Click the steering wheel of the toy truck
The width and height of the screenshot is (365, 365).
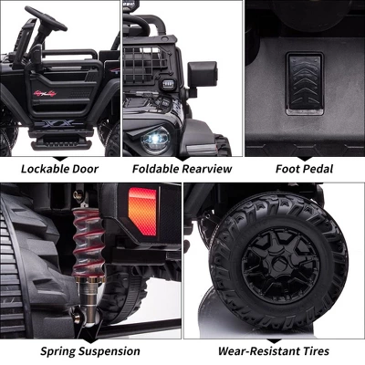[46, 18]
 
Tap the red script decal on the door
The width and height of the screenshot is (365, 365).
[45, 93]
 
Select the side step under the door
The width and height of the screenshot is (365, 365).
[61, 141]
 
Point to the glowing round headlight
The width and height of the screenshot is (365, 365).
[155, 140]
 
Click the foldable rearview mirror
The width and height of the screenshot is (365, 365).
[203, 74]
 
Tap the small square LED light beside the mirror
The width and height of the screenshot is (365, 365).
[166, 84]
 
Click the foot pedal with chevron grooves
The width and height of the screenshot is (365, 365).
[305, 84]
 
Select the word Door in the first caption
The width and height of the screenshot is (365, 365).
[85, 169]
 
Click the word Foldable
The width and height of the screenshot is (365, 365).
[155, 169]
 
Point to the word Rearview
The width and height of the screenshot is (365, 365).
[207, 169]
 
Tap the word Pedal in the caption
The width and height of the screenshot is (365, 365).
[318, 169]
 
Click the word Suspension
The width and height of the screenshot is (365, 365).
[109, 351]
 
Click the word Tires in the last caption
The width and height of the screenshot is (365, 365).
[316, 351]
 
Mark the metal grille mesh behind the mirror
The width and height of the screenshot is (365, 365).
[144, 65]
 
